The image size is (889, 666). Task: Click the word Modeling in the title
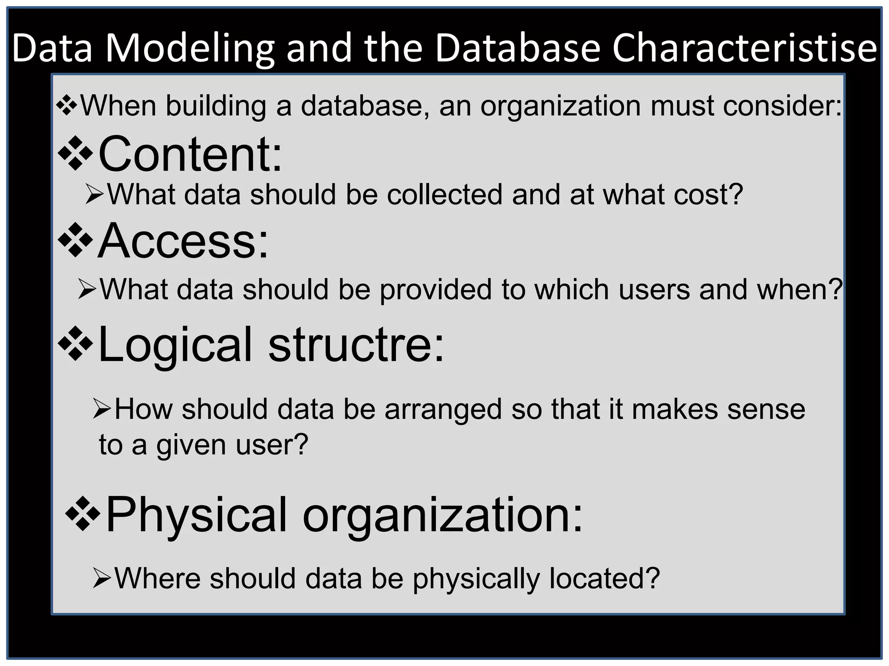[190, 49]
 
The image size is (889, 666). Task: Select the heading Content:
[190, 153]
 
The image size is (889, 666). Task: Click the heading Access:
[183, 241]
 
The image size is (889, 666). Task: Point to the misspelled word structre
[356, 345]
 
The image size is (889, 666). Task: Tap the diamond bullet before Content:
[76, 153]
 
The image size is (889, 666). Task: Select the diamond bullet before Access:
[76, 240]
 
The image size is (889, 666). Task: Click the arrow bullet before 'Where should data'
[102, 579]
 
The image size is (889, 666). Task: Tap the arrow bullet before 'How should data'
[102, 410]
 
